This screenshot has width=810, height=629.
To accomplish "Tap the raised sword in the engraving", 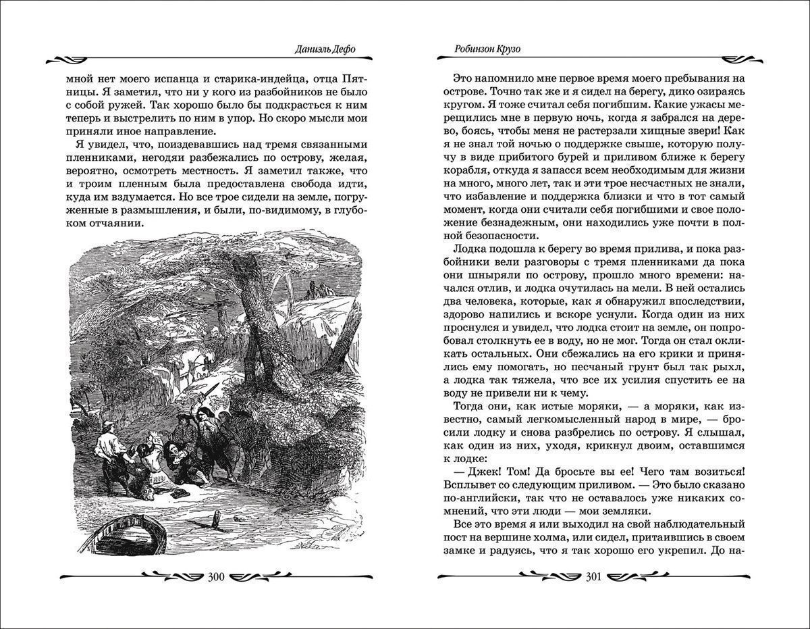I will click(x=210, y=392).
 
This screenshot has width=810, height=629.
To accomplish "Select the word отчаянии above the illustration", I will click(x=121, y=224).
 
